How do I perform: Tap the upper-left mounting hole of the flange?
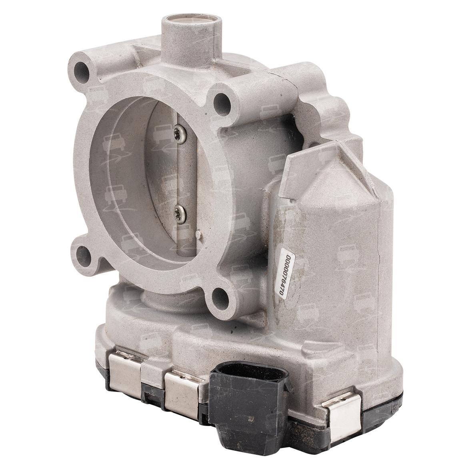pyautogui.click(x=81, y=68)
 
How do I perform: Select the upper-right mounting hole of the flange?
pyautogui.click(x=221, y=101)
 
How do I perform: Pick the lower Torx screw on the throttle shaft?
pyautogui.click(x=178, y=212)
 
